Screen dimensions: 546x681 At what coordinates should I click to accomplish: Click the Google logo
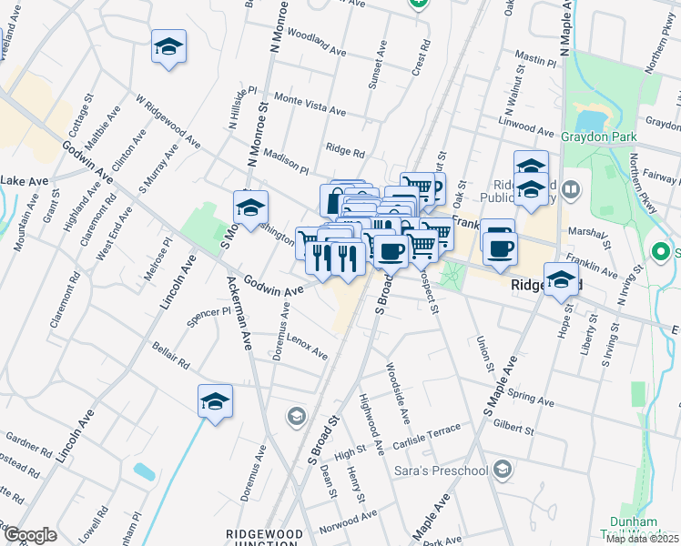30,535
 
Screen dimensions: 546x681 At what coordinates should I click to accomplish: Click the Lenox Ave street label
307,347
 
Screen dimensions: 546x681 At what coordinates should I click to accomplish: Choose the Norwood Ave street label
349,520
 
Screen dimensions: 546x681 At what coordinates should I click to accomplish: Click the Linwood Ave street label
526,121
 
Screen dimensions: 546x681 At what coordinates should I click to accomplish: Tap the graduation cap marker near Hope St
561,278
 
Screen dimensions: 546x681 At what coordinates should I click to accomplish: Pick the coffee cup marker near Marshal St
499,247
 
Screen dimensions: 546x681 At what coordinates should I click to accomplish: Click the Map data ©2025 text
643,539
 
